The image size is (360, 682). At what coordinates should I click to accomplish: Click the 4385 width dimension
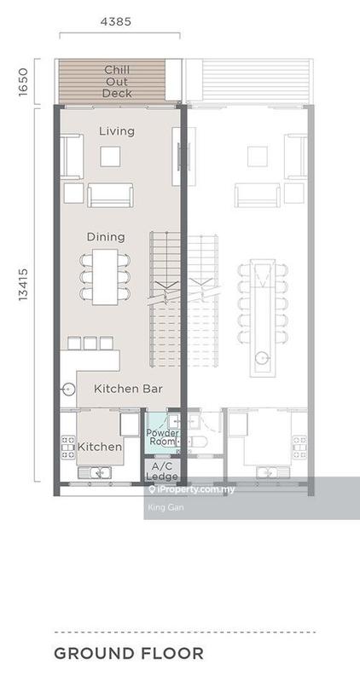click(116, 21)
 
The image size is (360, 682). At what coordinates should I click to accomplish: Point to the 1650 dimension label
click(23, 82)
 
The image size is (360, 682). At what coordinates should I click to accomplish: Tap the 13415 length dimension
click(23, 285)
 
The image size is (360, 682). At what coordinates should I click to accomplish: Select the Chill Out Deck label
click(117, 81)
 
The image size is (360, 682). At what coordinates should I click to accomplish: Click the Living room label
click(117, 131)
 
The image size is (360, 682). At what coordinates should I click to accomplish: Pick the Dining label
click(106, 237)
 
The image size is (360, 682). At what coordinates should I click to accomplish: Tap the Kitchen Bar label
click(128, 389)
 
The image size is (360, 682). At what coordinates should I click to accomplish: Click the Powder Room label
click(162, 437)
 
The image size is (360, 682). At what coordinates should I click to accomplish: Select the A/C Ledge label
click(161, 471)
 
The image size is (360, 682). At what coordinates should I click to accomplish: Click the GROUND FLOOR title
click(129, 653)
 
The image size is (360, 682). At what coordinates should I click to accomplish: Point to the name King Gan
click(160, 507)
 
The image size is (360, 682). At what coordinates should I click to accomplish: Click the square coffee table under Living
click(110, 157)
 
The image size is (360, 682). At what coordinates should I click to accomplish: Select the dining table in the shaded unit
click(105, 276)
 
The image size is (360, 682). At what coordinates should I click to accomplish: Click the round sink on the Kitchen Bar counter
click(68, 389)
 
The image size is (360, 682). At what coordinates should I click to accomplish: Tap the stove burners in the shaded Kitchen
click(68, 447)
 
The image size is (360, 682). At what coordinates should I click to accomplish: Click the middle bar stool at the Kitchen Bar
click(90, 344)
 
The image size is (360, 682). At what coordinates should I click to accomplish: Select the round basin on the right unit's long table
click(262, 358)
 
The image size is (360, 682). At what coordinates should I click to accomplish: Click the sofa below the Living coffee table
click(110, 195)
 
